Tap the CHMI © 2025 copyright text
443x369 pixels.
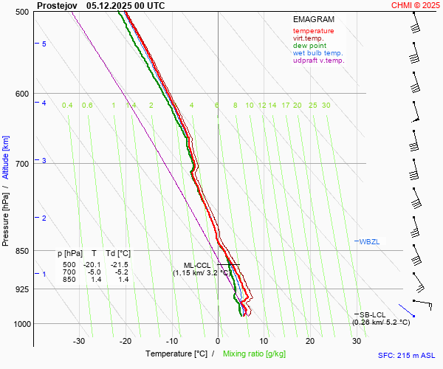416,5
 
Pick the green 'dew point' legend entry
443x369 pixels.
309,46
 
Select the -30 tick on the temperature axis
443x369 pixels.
79,341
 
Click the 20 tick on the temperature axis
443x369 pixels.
310,341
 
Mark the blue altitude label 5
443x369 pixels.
44,44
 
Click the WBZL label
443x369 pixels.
369,241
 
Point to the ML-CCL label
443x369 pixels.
197,265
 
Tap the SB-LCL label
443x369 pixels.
374,314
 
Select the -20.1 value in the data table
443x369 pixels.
92,264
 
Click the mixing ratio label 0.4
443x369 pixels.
67,106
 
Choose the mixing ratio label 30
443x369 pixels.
326,106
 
